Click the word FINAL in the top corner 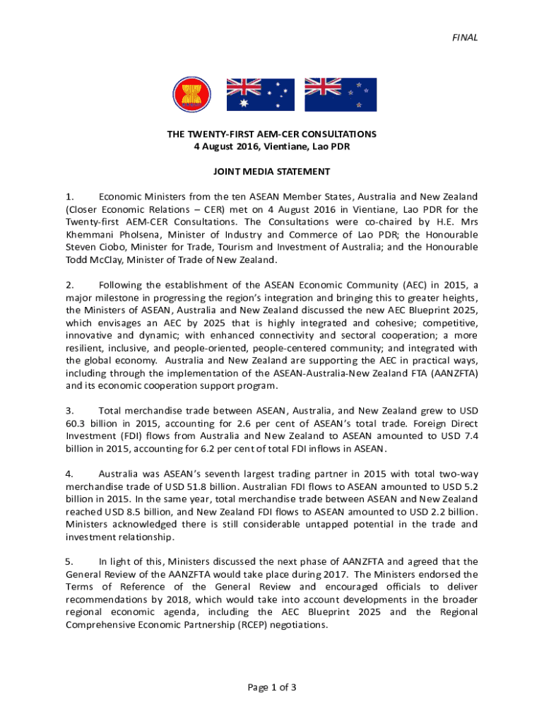pos(466,37)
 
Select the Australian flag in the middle pos(260,95)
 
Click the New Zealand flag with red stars pos(340,95)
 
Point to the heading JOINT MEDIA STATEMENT pos(272,171)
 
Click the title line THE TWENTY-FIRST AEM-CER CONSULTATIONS pos(272,134)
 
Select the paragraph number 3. pos(69,410)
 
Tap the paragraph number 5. pos(69,561)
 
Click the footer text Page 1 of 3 pos(272,687)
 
